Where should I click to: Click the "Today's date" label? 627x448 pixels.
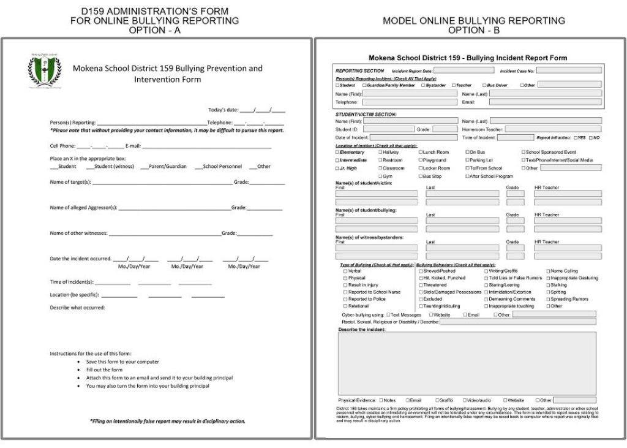tap(223, 110)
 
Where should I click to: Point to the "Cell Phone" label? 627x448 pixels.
tap(62, 146)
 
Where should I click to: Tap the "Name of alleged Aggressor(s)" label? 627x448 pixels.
tap(83, 208)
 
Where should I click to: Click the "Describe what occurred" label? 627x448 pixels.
tap(77, 307)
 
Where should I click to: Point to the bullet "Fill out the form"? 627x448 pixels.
tap(104, 370)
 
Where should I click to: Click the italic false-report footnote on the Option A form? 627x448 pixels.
tap(167, 421)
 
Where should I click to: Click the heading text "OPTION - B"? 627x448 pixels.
tap(474, 29)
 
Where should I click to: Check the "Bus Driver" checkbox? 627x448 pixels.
tap(484, 85)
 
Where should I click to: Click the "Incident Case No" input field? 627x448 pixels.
tap(569, 70)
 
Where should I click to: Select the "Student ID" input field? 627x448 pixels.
tap(389, 129)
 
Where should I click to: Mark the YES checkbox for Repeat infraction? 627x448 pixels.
tap(574, 138)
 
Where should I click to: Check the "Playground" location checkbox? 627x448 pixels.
tap(421, 160)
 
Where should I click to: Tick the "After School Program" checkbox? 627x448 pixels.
tap(467, 176)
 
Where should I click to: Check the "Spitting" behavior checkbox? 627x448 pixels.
tap(549, 292)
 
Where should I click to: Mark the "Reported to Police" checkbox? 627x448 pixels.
tap(345, 299)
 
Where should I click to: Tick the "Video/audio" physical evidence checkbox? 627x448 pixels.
tap(465, 400)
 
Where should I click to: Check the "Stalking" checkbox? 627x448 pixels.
tap(549, 285)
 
